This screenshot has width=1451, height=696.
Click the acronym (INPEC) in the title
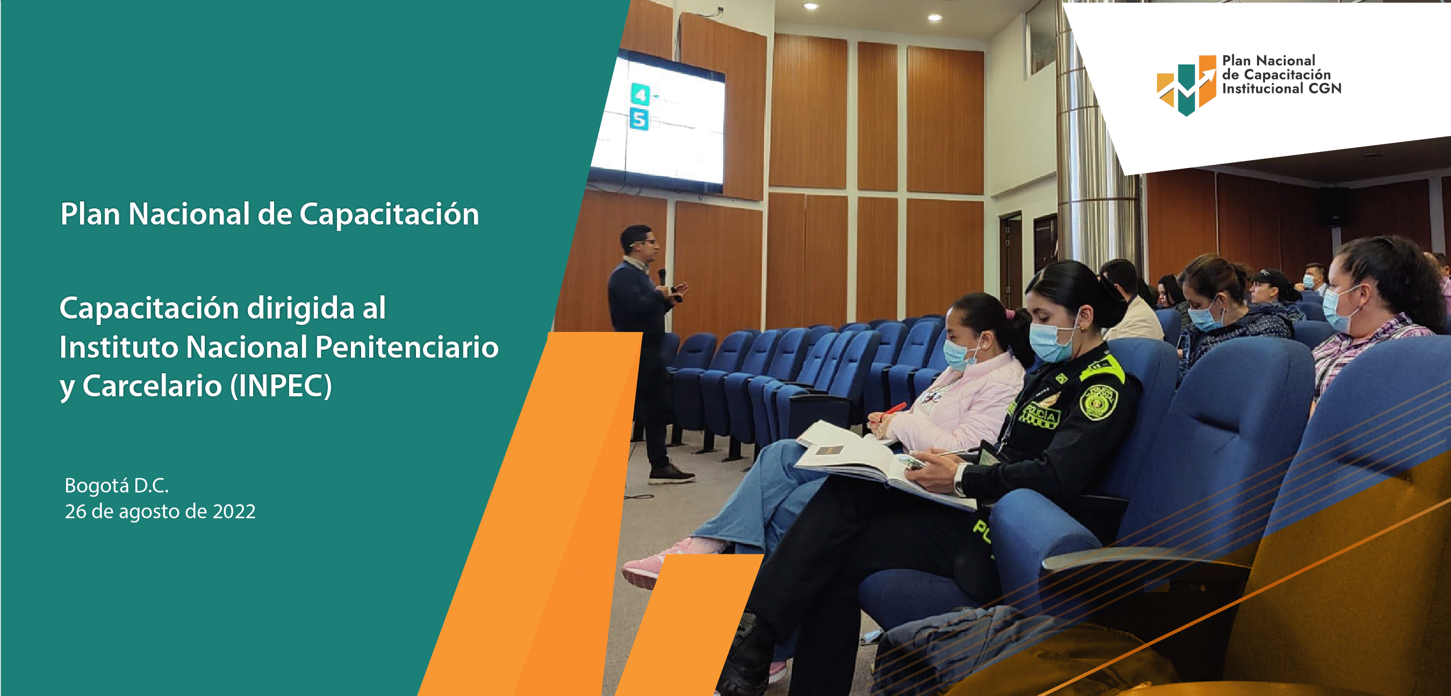coord(281,386)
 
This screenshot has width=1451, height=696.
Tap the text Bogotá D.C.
coord(117,485)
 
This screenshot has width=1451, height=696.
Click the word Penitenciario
coord(407,347)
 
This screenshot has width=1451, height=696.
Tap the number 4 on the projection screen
coord(641,94)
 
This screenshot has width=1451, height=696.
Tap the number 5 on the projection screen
coord(639,119)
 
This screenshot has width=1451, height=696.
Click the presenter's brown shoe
coord(671,474)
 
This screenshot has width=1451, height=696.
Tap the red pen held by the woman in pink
coord(890,409)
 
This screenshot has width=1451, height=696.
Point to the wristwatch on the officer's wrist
coord(959,480)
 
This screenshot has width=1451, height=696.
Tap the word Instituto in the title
coord(119,347)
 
